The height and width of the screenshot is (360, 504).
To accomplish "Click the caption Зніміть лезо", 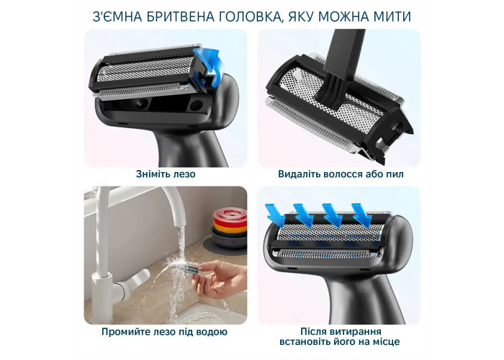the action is (x=166, y=174).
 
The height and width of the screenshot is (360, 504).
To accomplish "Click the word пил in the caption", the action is (x=395, y=174).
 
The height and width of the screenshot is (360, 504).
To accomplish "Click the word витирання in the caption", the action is (x=357, y=331).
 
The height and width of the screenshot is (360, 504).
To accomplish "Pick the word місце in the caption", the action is (x=386, y=341).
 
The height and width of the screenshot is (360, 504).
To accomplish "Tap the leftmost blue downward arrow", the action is (x=276, y=215).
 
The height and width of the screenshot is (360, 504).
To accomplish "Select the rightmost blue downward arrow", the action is (x=362, y=215).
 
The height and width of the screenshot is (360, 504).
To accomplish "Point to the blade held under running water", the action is (x=192, y=269).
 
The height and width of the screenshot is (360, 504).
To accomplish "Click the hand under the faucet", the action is (x=219, y=279).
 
